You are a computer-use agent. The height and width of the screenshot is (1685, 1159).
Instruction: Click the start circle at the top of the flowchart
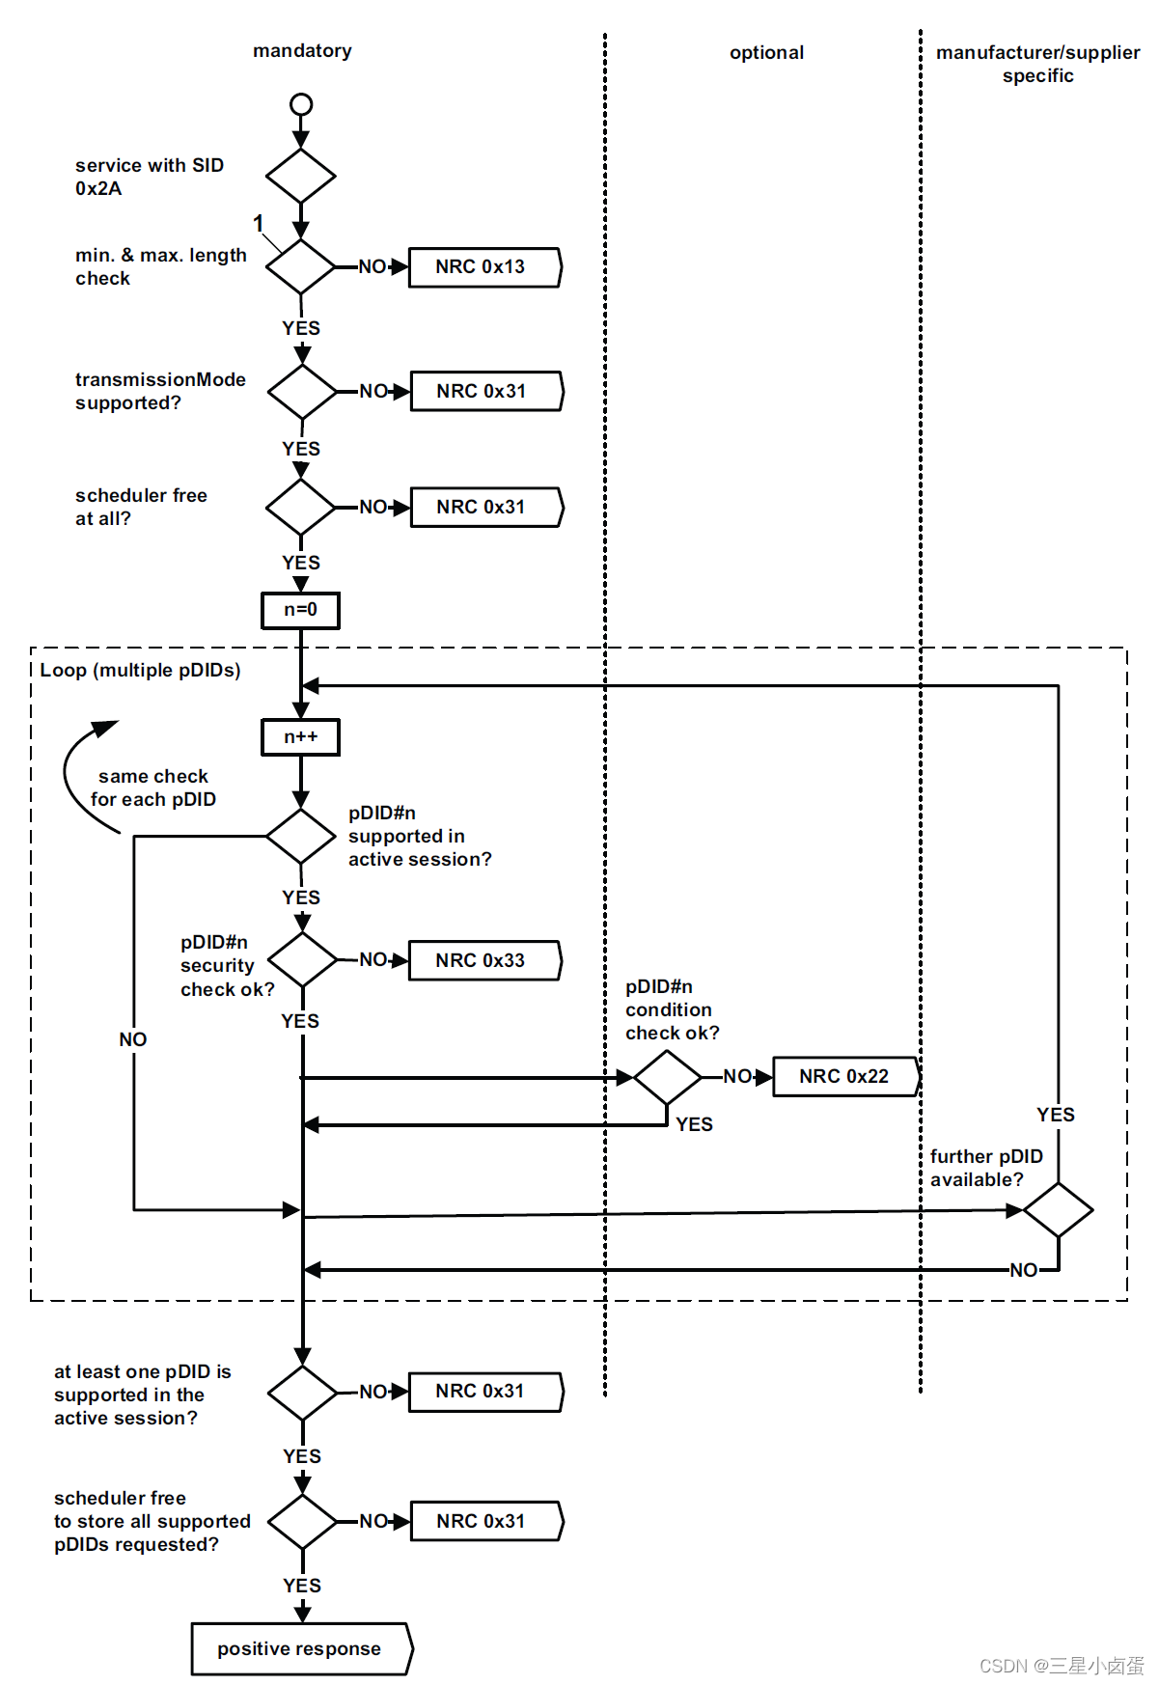tap(301, 104)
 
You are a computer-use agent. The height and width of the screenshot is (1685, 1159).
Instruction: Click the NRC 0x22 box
tap(846, 1077)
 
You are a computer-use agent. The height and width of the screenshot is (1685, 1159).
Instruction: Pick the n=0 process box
tap(301, 610)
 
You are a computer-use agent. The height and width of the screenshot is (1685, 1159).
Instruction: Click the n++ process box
tap(301, 737)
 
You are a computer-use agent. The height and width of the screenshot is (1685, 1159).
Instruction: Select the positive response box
tap(302, 1649)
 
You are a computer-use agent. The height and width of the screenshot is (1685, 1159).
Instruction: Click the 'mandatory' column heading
tap(302, 51)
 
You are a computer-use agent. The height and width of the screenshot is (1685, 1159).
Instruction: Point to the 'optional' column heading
tap(766, 53)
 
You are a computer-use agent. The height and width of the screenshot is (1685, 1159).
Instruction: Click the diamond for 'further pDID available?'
tap(1059, 1210)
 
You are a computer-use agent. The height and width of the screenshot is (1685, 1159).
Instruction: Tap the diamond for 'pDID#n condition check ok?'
tap(667, 1077)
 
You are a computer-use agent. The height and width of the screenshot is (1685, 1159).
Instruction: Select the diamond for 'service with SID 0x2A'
tap(301, 177)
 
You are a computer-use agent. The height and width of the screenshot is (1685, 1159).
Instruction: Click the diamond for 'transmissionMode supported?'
tap(303, 392)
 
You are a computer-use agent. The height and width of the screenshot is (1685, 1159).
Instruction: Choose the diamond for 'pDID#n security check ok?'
tap(303, 960)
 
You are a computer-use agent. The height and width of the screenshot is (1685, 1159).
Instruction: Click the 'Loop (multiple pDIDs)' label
tap(140, 671)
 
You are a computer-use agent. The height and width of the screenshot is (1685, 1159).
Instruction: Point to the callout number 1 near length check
tap(258, 224)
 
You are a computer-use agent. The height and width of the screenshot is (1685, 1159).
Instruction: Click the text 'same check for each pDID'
tap(153, 787)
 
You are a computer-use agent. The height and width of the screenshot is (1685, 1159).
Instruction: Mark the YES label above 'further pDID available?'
tap(1056, 1115)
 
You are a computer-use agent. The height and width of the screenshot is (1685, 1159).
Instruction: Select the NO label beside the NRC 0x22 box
tap(737, 1076)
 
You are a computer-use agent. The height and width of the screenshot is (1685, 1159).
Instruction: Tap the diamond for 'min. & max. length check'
tap(301, 266)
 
